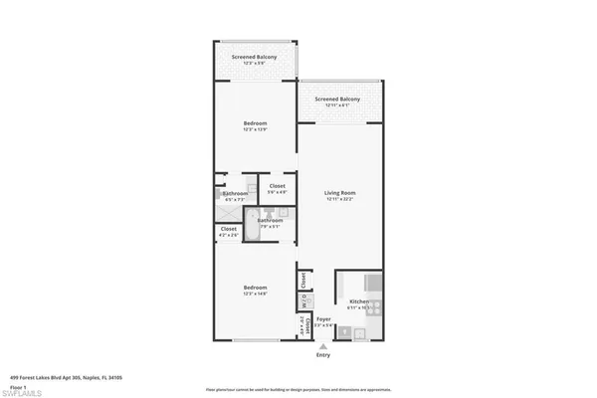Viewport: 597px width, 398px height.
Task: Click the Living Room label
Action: [340, 193]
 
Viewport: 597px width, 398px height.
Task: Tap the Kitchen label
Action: [358, 301]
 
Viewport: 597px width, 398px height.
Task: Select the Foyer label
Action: [323, 319]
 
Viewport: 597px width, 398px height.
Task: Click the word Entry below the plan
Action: [322, 355]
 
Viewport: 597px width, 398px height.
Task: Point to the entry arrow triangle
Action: [322, 346]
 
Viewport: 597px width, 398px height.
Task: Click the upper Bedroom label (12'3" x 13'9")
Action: [255, 123]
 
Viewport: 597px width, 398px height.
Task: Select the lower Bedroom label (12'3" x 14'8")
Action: [255, 288]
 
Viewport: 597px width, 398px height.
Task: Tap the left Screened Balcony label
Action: [255, 57]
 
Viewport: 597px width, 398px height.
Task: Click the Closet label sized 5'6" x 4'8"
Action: [277, 186]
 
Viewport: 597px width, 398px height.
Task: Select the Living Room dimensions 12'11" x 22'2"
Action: [340, 200]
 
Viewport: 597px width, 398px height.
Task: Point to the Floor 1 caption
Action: [19, 386]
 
